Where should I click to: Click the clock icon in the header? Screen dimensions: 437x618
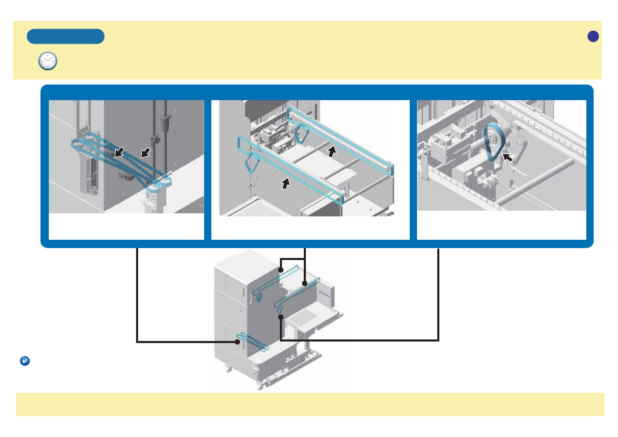48,61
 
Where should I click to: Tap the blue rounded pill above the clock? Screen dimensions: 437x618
65,36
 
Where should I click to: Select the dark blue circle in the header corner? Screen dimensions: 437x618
593,36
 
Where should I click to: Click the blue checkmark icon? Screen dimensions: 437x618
24,361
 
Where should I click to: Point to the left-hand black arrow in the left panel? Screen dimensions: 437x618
119,152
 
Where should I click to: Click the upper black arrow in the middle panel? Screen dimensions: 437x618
332,151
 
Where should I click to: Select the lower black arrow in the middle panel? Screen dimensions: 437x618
285,183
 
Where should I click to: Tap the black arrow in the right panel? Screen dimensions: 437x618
507,157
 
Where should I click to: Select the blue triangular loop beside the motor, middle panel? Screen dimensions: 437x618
301,136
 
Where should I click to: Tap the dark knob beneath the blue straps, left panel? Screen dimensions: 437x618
126,177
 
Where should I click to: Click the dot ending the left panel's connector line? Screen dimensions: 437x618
236,342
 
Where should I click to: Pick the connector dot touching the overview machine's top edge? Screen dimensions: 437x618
280,270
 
